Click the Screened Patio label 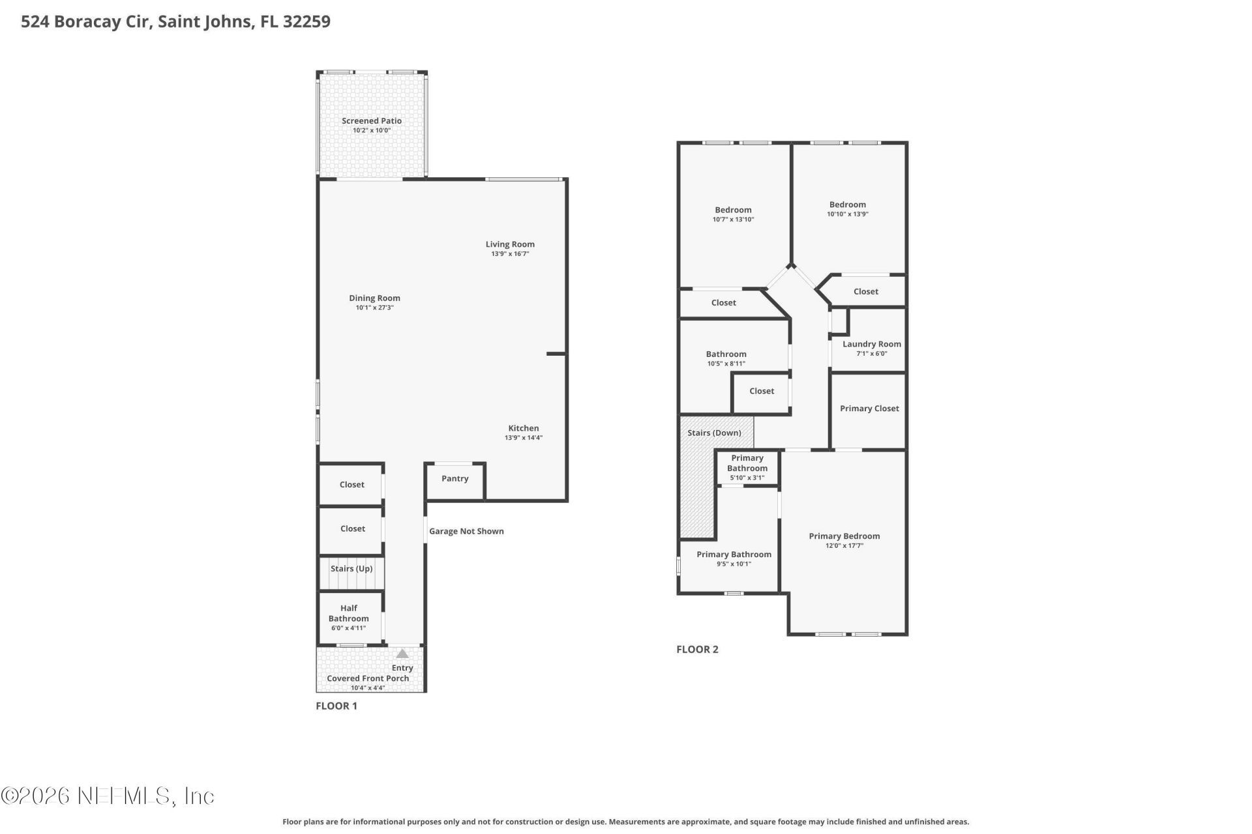[x=372, y=121]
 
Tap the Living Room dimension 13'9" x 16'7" [x=510, y=254]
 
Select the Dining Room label [x=374, y=298]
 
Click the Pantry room [x=455, y=479]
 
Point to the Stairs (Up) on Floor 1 [x=351, y=569]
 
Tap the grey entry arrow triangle [x=402, y=654]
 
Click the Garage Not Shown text [x=466, y=532]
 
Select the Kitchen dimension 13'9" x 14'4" [x=523, y=438]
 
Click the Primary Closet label [x=869, y=409]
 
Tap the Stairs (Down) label [x=714, y=433]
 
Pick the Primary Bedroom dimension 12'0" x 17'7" [x=844, y=546]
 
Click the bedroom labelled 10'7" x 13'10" [x=733, y=214]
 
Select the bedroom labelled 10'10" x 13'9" [x=848, y=208]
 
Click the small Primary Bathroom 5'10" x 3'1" [x=747, y=468]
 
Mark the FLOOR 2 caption [x=697, y=650]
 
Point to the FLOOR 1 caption [x=336, y=706]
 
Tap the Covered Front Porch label [x=368, y=679]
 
